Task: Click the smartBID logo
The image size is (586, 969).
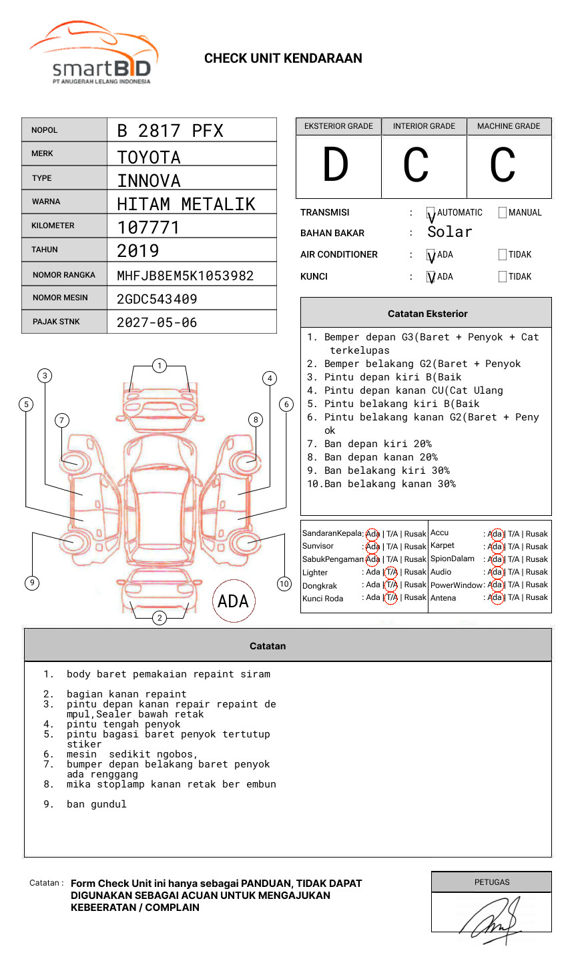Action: coord(93,53)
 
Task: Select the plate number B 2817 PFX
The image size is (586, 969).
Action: coord(170,131)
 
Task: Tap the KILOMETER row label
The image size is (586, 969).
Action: coord(53,226)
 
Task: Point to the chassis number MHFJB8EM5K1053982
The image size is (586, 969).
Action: coord(186,276)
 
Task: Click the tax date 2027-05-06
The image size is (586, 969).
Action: coord(157,322)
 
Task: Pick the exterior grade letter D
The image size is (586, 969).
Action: coord(336,164)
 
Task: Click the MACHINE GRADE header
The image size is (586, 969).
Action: coord(509,126)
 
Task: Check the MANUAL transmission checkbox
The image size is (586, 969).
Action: coord(503,212)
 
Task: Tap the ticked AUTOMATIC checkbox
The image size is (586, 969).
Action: coord(430,213)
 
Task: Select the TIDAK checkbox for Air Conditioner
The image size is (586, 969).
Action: coord(503,254)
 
